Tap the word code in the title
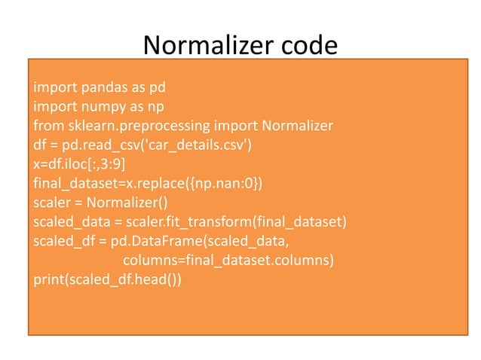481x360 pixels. click(311, 47)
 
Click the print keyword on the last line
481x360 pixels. click(48, 264)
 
